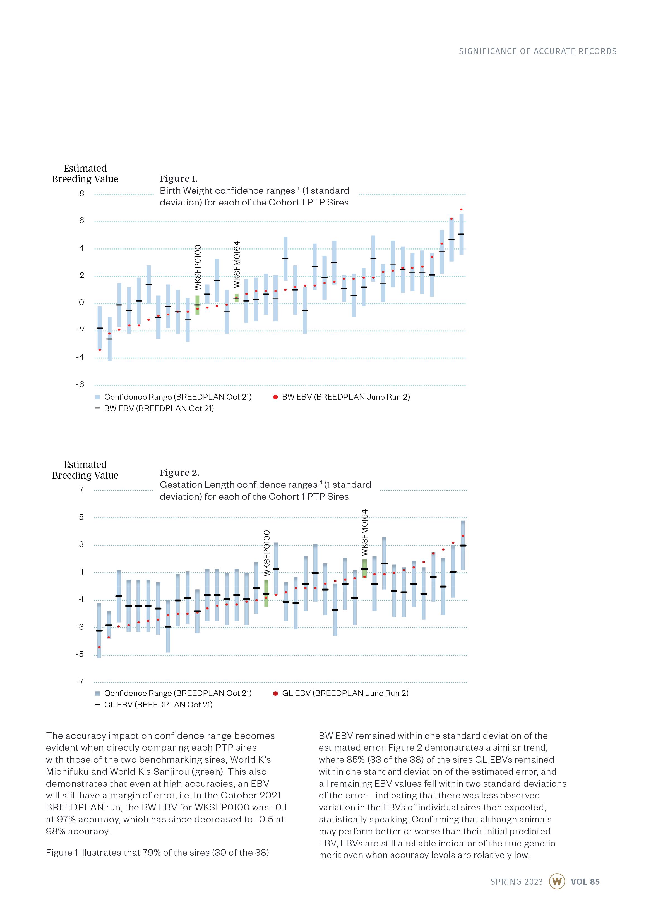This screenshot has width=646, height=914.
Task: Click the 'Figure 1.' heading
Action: [178, 179]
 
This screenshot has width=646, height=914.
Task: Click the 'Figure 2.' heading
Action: [179, 473]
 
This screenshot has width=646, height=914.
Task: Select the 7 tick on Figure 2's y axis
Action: [81, 490]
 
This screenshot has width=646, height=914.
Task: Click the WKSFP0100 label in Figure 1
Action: [198, 267]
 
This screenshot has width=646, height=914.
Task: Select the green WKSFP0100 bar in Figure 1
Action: [197, 305]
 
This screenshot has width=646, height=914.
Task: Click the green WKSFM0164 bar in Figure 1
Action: [236, 298]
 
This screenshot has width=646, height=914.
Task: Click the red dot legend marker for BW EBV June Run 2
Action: [275, 397]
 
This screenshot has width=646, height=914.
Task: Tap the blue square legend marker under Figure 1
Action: [97, 397]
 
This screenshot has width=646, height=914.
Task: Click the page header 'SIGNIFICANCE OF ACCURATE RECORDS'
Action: [537, 51]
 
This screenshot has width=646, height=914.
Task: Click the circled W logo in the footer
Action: [557, 881]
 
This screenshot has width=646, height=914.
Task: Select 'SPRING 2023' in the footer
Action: [516, 882]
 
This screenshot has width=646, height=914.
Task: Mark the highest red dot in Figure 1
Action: [461, 209]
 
